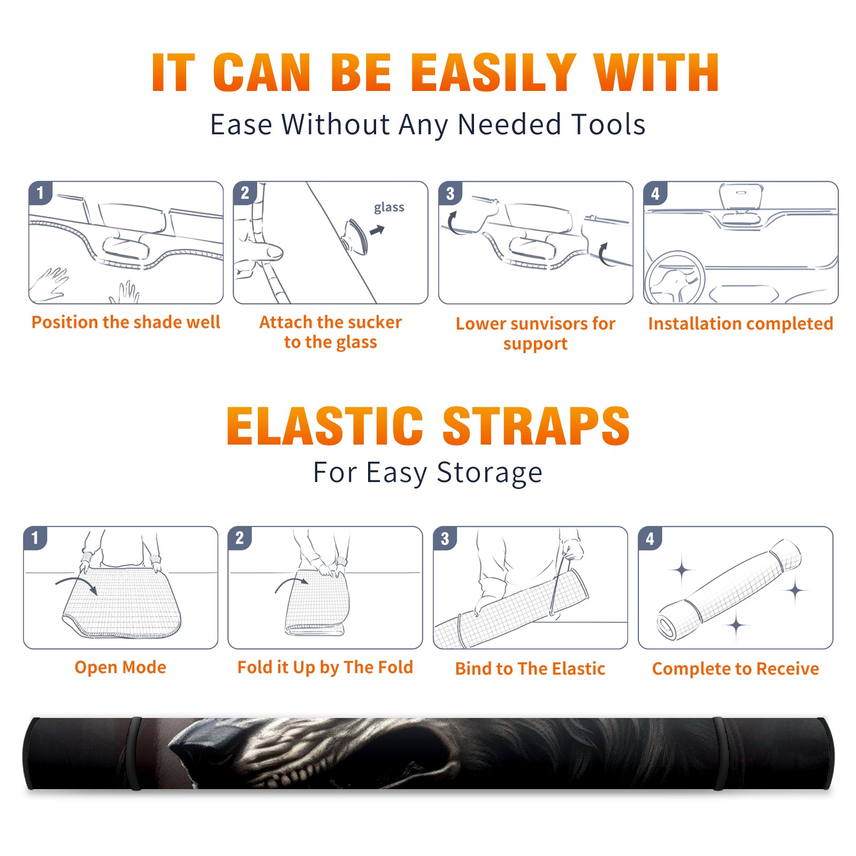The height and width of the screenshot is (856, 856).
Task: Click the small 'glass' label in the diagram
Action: (x=389, y=208)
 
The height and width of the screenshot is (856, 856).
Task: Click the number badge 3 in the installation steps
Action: (x=450, y=194)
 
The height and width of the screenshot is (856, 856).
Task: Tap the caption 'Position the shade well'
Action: (x=126, y=322)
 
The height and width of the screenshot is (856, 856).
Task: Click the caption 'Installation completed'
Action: (x=740, y=324)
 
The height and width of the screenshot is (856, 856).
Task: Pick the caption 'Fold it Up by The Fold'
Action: (x=325, y=668)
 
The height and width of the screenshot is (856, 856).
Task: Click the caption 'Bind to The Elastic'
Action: (x=530, y=669)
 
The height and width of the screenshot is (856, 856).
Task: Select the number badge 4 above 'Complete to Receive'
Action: (x=650, y=538)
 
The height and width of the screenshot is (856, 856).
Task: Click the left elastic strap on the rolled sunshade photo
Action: (x=135, y=753)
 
